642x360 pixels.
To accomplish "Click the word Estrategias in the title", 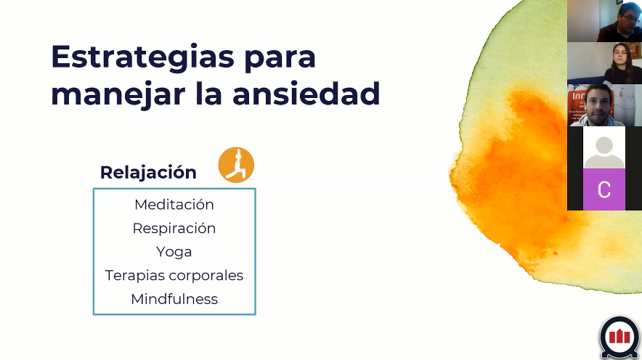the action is (142, 58).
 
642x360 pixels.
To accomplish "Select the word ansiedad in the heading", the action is (306, 94).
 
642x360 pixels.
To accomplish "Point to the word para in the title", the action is (280, 60).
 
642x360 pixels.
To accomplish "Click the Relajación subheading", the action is (148, 173).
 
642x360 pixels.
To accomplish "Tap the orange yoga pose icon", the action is (236, 165).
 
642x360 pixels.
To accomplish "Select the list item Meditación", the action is (174, 205).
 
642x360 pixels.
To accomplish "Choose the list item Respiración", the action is (174, 229).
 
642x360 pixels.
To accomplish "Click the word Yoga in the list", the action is (174, 252).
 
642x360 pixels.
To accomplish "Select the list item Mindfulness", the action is (174, 299).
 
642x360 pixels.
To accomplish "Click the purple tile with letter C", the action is (604, 189).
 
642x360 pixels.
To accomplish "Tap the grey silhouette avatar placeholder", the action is (604, 152).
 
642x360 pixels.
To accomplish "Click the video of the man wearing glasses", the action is (604, 21).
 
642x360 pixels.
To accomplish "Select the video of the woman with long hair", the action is (604, 63).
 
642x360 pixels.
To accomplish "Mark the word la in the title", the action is (209, 94).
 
